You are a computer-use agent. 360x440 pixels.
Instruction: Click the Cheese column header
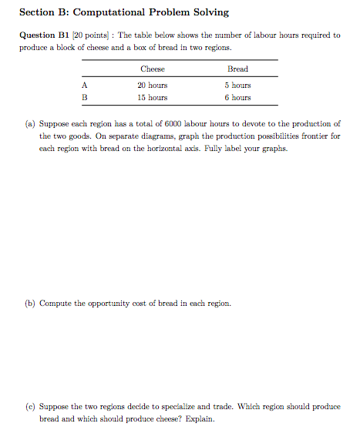[153, 69]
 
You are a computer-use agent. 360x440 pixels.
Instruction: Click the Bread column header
[237, 69]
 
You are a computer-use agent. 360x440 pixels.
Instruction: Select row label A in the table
[83, 86]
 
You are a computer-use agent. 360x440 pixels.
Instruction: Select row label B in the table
[83, 98]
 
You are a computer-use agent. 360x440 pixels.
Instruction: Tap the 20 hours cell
[153, 86]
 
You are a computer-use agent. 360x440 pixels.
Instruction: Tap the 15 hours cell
[153, 98]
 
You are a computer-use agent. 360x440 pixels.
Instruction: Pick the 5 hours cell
[237, 86]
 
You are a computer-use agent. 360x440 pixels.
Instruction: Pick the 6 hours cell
[237, 98]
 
